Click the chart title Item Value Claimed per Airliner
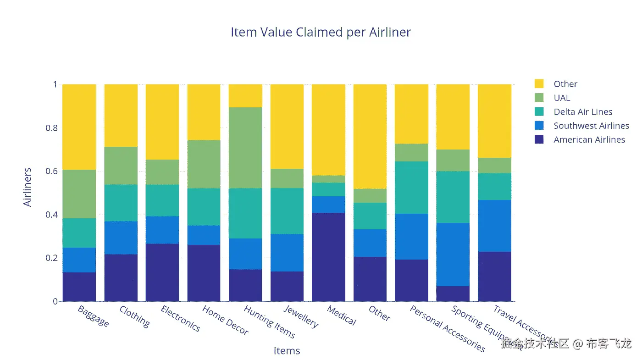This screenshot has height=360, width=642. point(321,33)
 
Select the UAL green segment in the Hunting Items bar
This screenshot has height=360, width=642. point(245,148)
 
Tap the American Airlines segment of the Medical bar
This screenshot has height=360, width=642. point(328,257)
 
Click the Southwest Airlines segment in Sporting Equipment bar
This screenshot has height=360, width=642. point(453,255)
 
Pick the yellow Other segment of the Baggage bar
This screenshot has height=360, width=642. point(79,127)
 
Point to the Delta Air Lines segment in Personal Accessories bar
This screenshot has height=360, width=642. point(411,188)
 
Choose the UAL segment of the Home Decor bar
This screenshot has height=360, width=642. point(204,164)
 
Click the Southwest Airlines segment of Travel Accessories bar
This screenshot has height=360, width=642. point(494,226)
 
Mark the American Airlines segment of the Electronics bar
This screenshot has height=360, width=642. point(162,272)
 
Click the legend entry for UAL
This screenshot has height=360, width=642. point(562,98)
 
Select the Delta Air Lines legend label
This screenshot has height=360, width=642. point(583,112)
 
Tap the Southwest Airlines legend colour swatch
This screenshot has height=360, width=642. point(539,126)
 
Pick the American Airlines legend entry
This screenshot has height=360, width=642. point(589,139)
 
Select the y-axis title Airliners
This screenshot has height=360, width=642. point(28,187)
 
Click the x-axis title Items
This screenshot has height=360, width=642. point(287,351)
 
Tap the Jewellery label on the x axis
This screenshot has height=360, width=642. point(301,316)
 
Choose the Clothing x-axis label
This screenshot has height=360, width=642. point(134,316)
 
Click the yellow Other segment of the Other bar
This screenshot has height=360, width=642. point(370,137)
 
